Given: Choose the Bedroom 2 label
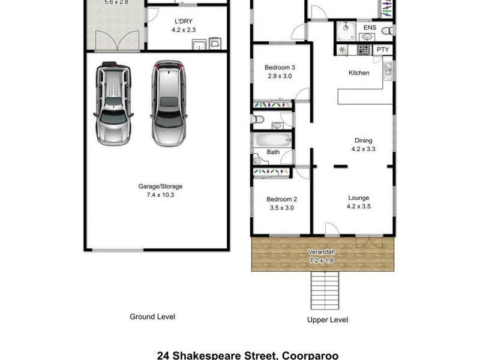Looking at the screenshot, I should coord(281,200).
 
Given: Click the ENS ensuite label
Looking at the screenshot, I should coord(370,27).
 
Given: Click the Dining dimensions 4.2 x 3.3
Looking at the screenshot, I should coord(363,149).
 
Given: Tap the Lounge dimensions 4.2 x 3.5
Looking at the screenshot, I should coord(359,206).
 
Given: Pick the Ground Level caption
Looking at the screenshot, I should coord(152,317).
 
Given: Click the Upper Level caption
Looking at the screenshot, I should coord(327,320).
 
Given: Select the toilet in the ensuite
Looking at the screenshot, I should coord(389,30).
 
